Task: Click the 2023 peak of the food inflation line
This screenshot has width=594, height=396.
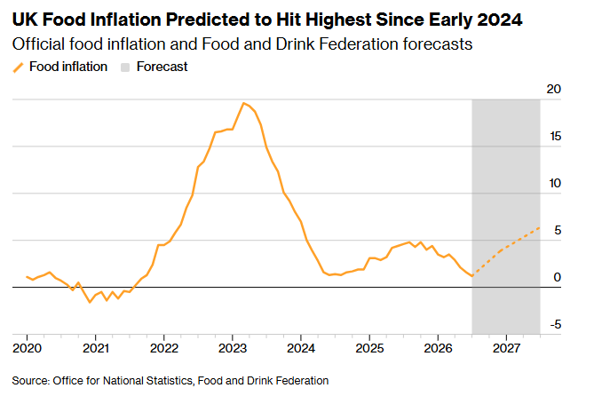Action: (243, 103)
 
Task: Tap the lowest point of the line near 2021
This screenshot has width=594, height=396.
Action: (90, 302)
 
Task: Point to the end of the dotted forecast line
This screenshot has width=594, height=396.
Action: (539, 228)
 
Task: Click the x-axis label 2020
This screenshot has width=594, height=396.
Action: (27, 348)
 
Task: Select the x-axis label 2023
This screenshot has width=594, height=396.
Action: (233, 348)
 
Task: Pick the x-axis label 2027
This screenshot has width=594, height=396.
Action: (506, 348)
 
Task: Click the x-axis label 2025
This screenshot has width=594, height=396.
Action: (369, 348)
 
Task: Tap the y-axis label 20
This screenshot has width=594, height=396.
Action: (553, 89)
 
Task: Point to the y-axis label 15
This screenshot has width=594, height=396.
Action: (555, 136)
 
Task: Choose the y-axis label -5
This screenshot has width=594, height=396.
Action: (555, 324)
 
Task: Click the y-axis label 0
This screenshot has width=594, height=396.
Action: (557, 277)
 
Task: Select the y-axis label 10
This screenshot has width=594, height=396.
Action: (555, 183)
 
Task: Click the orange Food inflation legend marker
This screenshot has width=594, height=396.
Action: (18, 67)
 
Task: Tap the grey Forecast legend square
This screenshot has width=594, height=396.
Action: (125, 67)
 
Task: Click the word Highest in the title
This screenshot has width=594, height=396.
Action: (338, 20)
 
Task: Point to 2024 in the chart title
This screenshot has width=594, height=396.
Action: (500, 20)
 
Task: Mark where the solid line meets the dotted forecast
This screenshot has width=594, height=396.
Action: (472, 276)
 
